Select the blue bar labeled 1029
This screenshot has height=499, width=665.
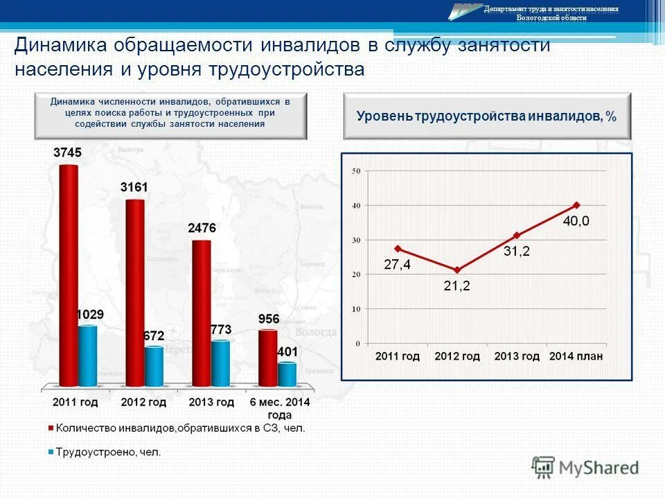tap(87, 355)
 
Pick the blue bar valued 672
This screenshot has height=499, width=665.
tap(154, 366)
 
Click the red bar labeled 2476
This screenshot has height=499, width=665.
tap(202, 313)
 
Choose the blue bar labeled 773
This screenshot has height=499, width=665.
tap(220, 362)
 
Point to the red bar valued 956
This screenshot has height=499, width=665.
tap(268, 358)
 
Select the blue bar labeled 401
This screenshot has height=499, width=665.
tap(287, 374)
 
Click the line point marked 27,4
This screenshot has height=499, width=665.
tap(398, 248)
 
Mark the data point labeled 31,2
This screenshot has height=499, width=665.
tap(517, 235)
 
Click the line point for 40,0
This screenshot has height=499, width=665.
tap(576, 205)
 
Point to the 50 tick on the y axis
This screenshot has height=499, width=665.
tap(356, 170)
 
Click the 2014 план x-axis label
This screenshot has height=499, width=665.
tap(576, 356)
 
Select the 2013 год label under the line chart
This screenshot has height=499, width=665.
tap(517, 356)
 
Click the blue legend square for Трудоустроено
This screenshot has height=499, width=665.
tap(51, 453)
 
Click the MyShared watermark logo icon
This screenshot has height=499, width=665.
tap(544, 466)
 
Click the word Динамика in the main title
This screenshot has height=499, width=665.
tap(57, 46)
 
